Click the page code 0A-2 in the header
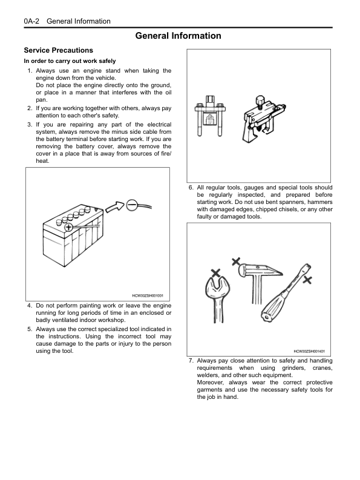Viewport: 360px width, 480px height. click(31, 21)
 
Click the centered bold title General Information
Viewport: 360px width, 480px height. click(178, 36)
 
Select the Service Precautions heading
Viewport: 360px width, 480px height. click(59, 50)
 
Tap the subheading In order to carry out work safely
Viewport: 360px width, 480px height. click(70, 61)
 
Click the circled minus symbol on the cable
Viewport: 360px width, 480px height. click(131, 205)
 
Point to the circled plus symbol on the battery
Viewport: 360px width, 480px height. click(68, 227)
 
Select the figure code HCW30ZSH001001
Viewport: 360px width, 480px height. click(148, 296)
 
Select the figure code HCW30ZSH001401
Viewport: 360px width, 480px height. click(309, 352)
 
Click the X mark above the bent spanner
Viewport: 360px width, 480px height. click(216, 273)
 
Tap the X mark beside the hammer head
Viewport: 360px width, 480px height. click(236, 261)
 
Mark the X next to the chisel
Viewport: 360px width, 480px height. click(307, 280)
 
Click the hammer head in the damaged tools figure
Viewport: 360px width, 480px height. click(260, 271)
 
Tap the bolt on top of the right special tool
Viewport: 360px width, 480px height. click(260, 101)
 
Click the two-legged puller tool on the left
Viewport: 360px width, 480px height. click(210, 116)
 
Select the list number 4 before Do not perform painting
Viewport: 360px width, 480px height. click(30, 306)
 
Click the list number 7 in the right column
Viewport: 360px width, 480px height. click(191, 361)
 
